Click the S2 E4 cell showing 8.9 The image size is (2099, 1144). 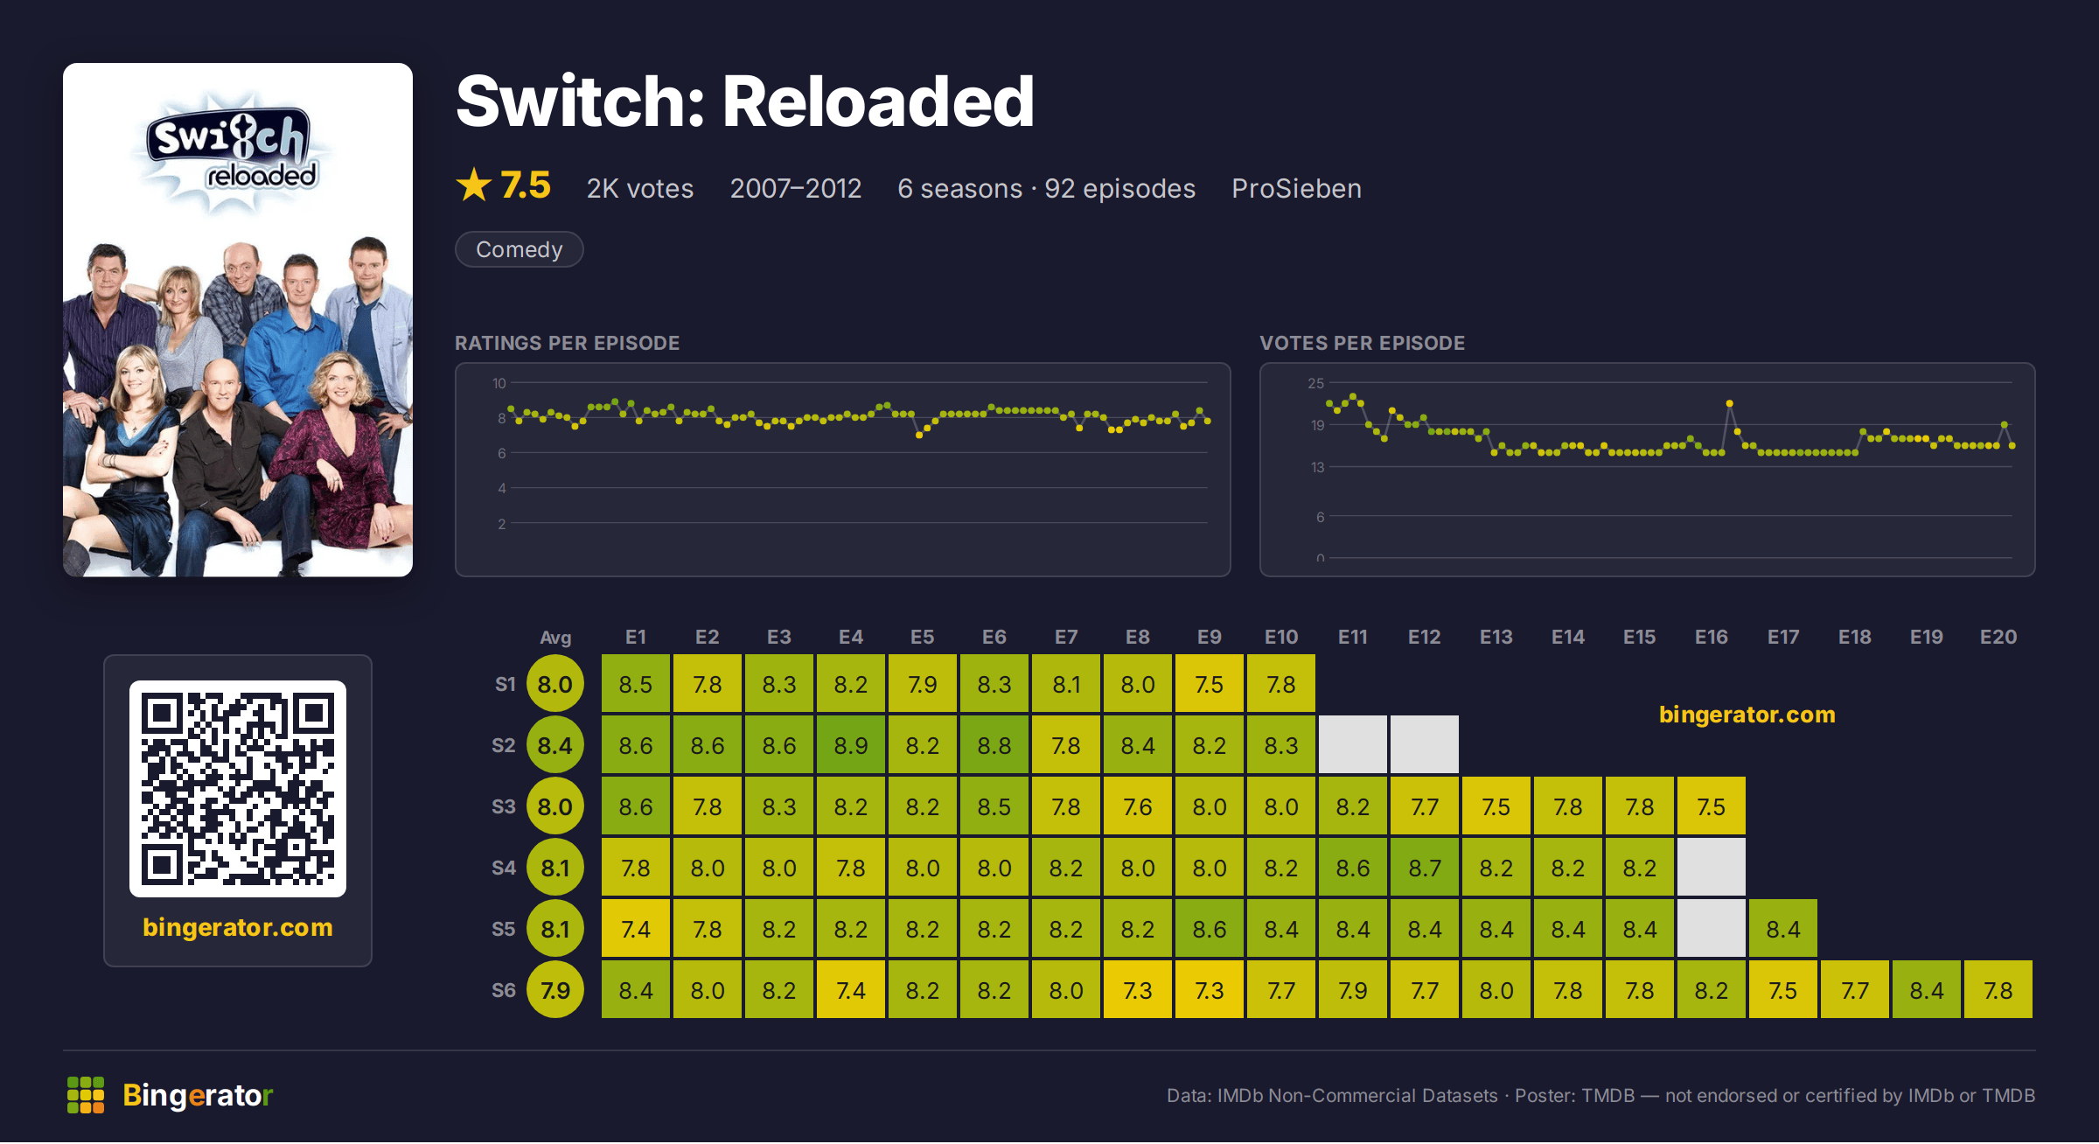coord(850,745)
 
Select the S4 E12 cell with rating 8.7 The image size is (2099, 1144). coord(1424,868)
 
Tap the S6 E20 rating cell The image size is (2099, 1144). coord(1998,990)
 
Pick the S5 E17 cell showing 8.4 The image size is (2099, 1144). coord(1782,929)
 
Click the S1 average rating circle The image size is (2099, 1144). coord(554,684)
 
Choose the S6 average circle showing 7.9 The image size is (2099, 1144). coord(554,990)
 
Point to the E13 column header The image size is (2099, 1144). coord(1496,637)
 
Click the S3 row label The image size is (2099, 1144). coord(504,806)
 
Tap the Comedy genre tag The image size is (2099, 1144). coord(519,249)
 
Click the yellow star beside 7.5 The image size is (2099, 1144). coord(474,185)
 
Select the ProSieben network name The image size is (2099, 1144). coord(1296,188)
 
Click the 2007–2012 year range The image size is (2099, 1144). coord(796,188)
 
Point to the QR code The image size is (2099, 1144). coord(238,789)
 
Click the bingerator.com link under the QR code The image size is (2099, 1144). coord(238,927)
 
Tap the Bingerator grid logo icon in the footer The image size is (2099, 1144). coord(86,1095)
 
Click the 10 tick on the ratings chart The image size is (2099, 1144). coord(499,383)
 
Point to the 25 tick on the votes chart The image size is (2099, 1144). coord(1315,383)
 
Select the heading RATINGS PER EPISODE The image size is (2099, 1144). coord(567,343)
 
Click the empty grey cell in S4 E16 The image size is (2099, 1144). coord(1711,868)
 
